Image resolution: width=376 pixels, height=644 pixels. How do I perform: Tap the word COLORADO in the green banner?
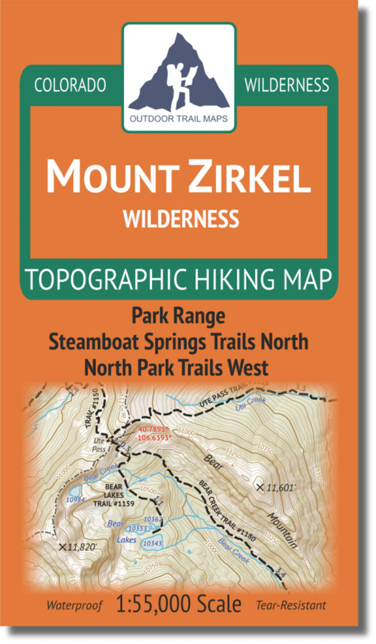pos(70,85)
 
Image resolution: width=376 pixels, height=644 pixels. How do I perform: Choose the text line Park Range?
pos(178,316)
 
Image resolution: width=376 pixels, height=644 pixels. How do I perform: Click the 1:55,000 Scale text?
pos(179,604)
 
